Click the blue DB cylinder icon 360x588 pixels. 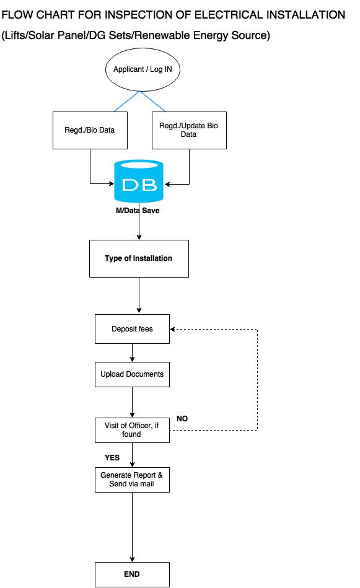tap(139, 182)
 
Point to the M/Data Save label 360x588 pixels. tap(138, 211)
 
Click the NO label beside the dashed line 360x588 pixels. tap(182, 418)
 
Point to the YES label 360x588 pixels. tap(112, 457)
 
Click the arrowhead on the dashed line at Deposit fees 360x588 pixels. tap(172, 329)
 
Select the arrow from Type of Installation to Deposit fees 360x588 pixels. tap(139, 295)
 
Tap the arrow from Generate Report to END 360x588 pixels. tap(132, 527)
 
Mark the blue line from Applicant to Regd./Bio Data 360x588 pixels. tap(127, 101)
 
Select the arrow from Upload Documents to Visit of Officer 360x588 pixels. tap(132, 402)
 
